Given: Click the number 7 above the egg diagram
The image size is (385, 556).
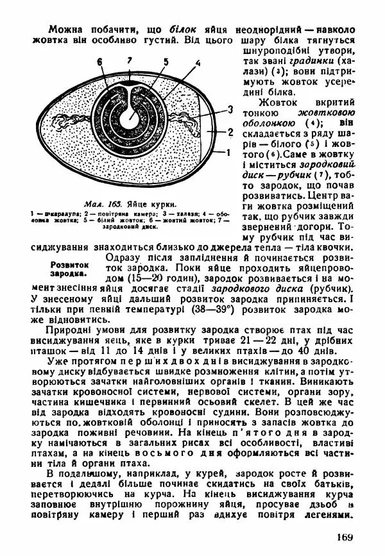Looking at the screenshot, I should click(130, 59).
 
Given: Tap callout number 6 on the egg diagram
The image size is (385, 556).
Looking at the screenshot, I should click(100, 62).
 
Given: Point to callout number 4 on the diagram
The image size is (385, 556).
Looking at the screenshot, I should click(198, 63).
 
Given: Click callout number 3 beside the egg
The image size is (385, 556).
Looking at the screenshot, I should click(230, 110).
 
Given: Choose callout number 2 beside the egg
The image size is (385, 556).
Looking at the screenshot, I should click(230, 132).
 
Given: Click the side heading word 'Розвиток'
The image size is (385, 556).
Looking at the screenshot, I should click(69, 264).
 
